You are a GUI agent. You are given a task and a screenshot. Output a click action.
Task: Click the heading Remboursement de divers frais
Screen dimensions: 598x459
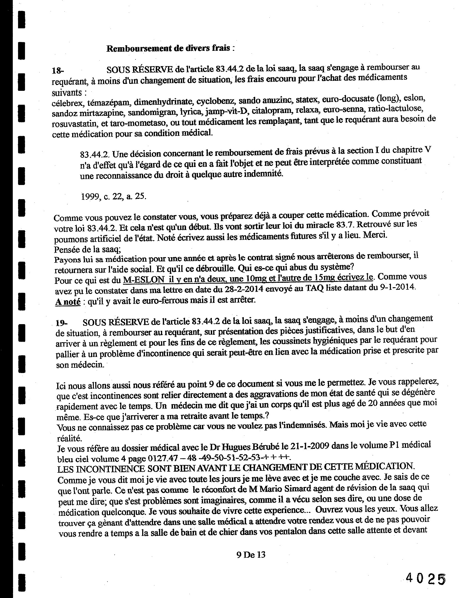[170, 48]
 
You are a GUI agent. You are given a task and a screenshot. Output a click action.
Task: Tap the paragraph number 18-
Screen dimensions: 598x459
[58, 71]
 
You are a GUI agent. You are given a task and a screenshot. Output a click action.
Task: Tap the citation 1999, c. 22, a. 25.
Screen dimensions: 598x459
[114, 197]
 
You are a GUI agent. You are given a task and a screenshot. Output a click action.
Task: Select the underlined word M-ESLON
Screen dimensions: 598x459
[144, 280]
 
